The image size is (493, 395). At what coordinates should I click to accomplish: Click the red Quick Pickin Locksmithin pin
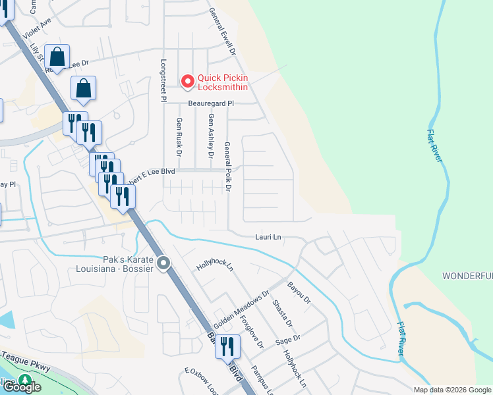[x=187, y=81]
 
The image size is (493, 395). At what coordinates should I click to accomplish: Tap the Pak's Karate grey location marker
[x=164, y=264]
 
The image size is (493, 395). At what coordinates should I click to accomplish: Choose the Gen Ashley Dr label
[x=211, y=136]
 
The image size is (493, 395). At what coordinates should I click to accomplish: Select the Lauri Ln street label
[x=268, y=236]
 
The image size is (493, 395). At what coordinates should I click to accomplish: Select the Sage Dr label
[x=288, y=340]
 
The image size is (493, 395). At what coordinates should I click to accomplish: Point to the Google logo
[x=22, y=387]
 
